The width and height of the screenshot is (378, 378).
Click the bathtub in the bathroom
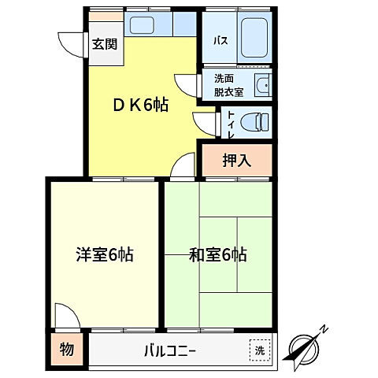(252, 36)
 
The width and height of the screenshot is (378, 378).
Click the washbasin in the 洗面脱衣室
(261, 85)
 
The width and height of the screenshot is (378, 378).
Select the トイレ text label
(231, 122)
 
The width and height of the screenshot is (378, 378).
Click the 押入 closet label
(236, 161)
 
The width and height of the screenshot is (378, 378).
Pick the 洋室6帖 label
(105, 254)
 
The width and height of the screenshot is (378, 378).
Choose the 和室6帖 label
(218, 254)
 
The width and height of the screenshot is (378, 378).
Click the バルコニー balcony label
(169, 350)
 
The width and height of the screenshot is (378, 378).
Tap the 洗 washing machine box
(258, 350)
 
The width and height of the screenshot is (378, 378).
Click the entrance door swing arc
(69, 43)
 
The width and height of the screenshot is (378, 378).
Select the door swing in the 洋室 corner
(66, 315)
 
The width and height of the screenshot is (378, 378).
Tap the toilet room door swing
(204, 122)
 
